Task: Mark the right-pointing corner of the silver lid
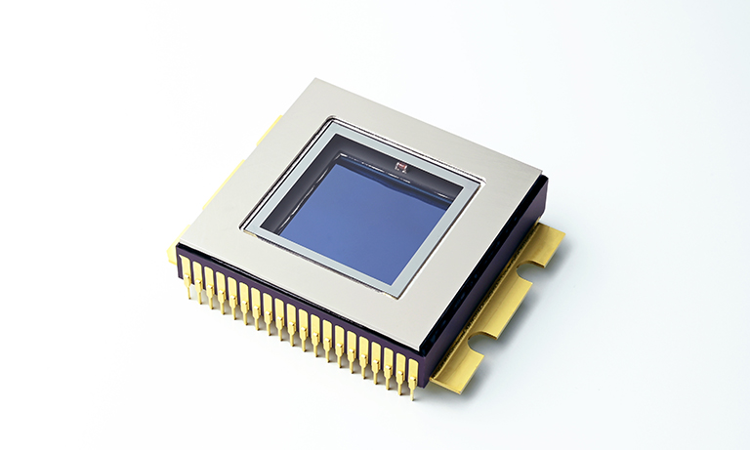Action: pos(545,176)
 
